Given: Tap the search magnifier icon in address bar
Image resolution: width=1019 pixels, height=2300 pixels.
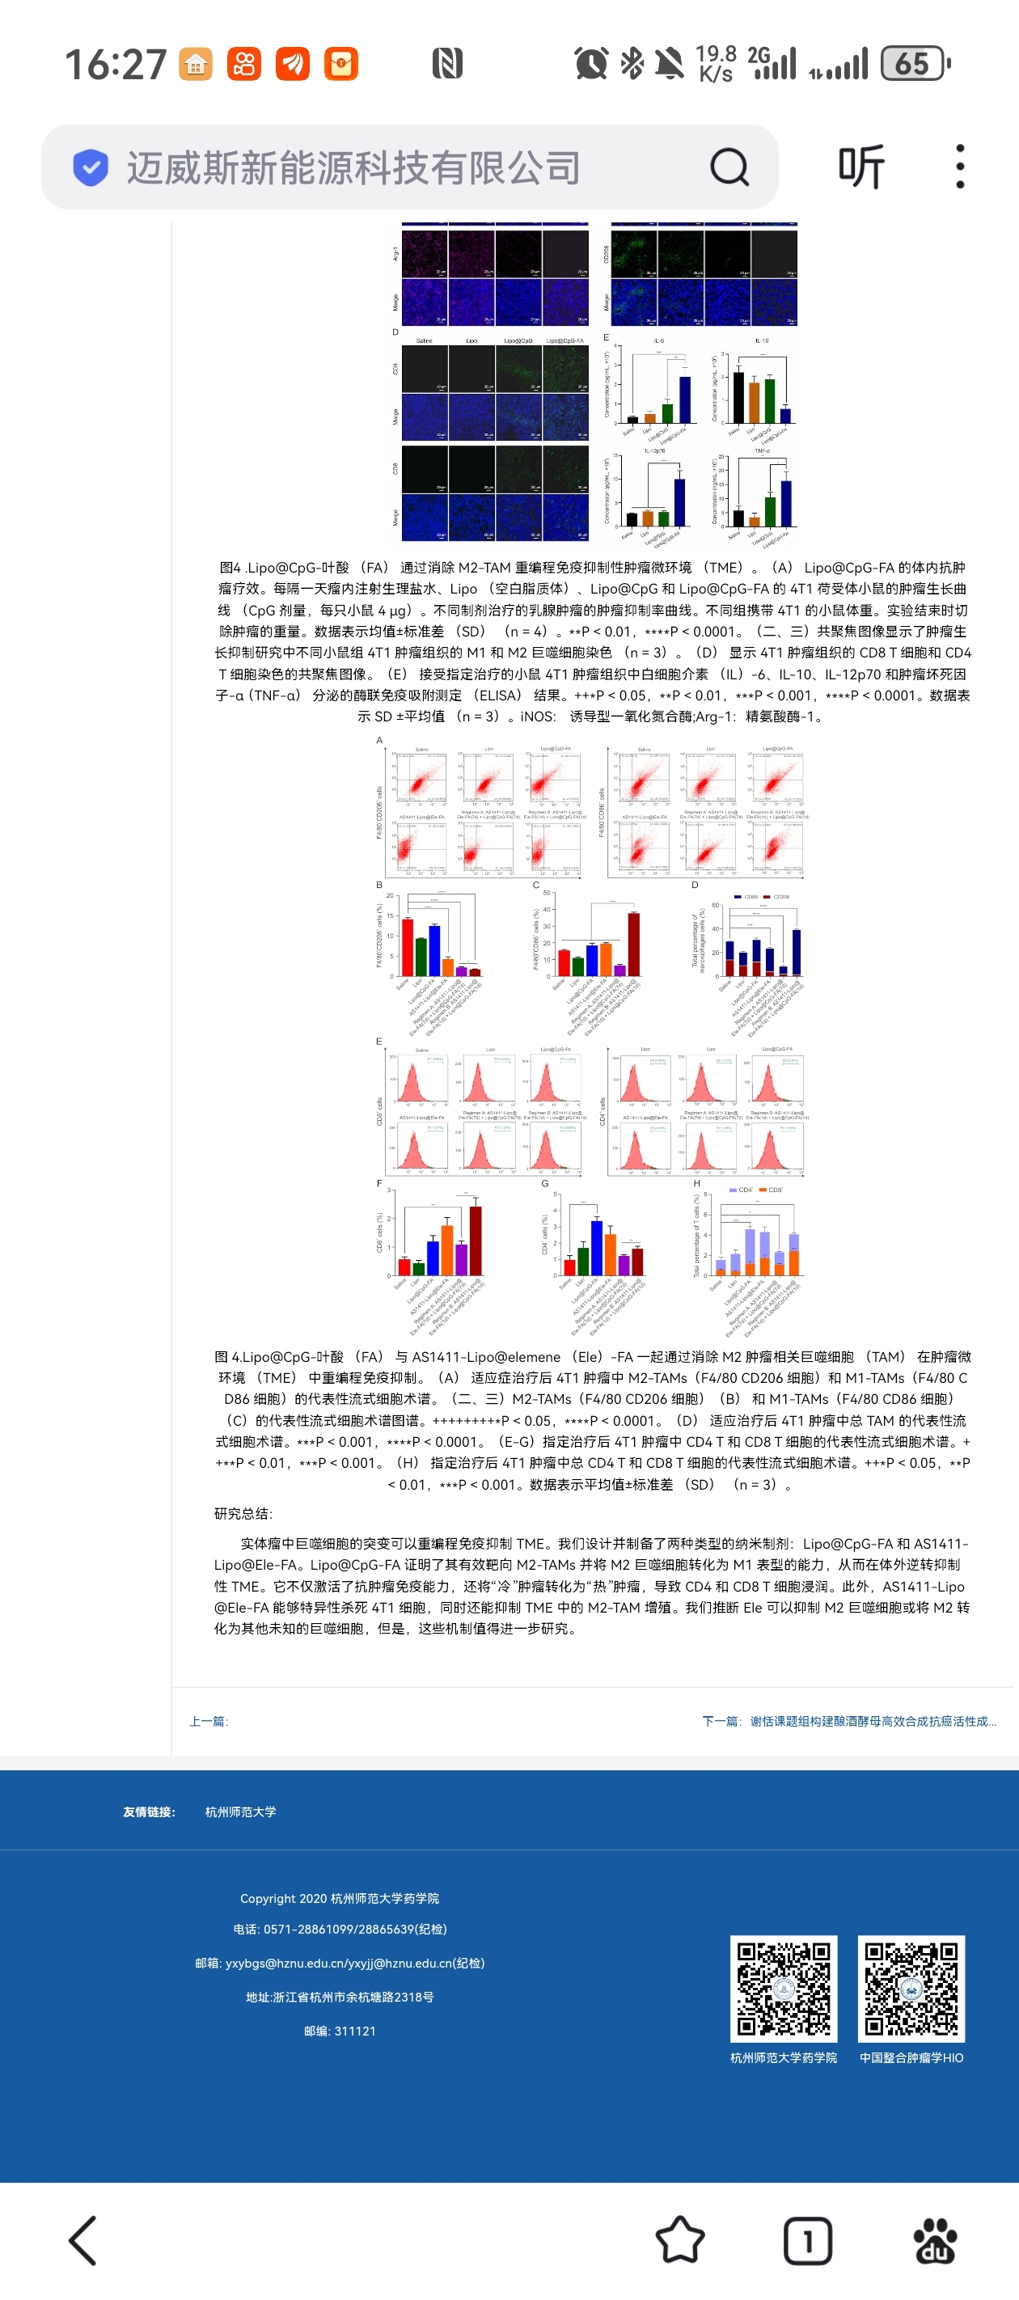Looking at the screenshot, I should pos(729,167).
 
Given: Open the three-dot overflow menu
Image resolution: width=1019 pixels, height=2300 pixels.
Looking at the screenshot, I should pos(960,167).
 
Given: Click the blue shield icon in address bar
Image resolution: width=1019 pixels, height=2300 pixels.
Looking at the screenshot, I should pos(91,167).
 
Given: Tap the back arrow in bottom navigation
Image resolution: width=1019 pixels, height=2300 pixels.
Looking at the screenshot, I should pos(83,2240).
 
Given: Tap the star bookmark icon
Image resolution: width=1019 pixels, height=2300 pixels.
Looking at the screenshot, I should pos(679,2240).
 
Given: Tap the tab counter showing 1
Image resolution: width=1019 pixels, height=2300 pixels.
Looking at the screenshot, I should pos(807,2240).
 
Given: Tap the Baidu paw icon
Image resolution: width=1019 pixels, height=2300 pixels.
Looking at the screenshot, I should pos(935,2240).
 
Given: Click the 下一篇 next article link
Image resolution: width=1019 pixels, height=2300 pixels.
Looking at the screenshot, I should pos(848,1720).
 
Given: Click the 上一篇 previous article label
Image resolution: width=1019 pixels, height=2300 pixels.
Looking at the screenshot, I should pos(208,1720).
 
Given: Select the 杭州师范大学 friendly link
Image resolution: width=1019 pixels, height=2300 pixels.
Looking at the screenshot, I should pos(240,1812).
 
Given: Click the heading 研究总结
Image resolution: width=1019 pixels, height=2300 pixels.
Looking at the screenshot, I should pos(243,1512).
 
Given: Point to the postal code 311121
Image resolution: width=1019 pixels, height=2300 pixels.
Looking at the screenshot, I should pos(340,2031).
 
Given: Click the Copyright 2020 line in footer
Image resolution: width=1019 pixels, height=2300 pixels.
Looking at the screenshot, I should pos(340,1898).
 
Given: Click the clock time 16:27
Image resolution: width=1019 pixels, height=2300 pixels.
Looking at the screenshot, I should pos(115,64).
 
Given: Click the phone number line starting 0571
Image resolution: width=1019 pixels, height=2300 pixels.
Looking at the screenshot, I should pos(340,1929).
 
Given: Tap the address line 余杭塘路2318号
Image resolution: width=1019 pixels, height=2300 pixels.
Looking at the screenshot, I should pos(340,1997).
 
